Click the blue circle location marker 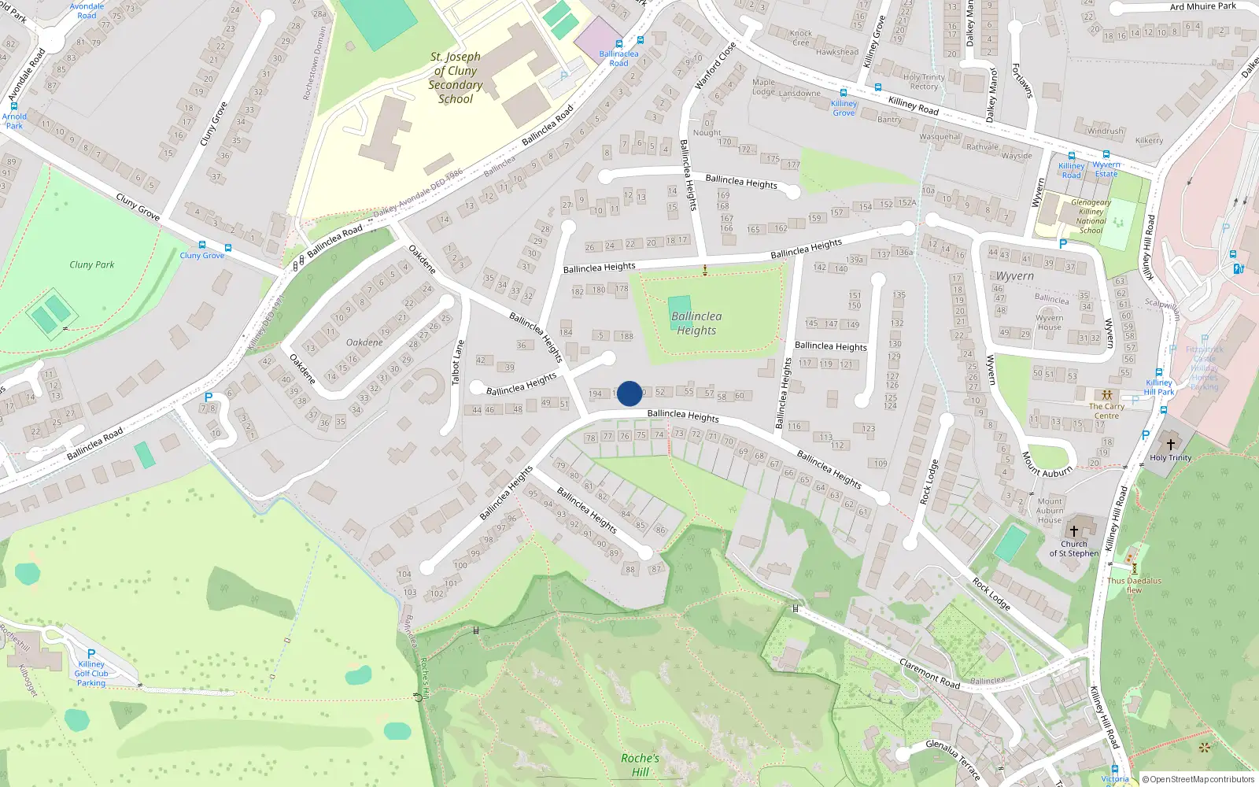pos(629,393)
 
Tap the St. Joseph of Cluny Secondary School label pos(456,78)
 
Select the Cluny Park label pos(91,264)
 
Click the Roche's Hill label pos(640,765)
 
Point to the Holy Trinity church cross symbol pos(1170,445)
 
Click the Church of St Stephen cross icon pos(1073,531)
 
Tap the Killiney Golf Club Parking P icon pos(91,654)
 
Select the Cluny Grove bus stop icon pos(202,246)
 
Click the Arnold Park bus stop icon pos(13,106)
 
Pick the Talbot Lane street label pos(459,363)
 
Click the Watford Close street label pos(715,66)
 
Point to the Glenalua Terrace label pos(953,759)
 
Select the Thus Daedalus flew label pos(1134,586)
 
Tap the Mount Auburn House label pos(1050,510)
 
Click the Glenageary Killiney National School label pos(1091,216)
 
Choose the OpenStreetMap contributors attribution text pos(1198,779)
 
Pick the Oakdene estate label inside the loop pos(364,342)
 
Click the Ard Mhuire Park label pos(1202,6)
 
